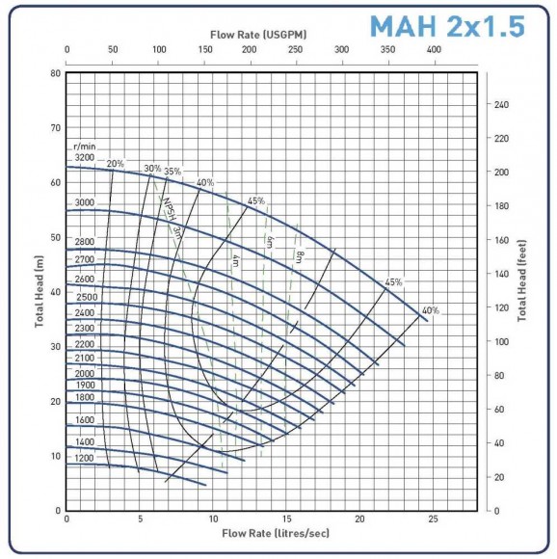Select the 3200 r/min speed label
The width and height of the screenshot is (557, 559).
tap(85, 157)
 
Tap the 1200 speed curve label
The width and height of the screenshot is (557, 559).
tap(85, 459)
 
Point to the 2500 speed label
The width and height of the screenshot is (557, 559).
tap(85, 297)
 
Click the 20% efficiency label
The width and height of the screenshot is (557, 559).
tap(116, 164)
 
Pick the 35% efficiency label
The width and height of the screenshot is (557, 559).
tap(172, 172)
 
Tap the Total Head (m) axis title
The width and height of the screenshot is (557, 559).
tap(42, 291)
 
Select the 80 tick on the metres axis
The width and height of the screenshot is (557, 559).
tap(56, 73)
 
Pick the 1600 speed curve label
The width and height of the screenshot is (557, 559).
tap(85, 420)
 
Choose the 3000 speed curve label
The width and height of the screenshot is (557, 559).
tap(85, 202)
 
